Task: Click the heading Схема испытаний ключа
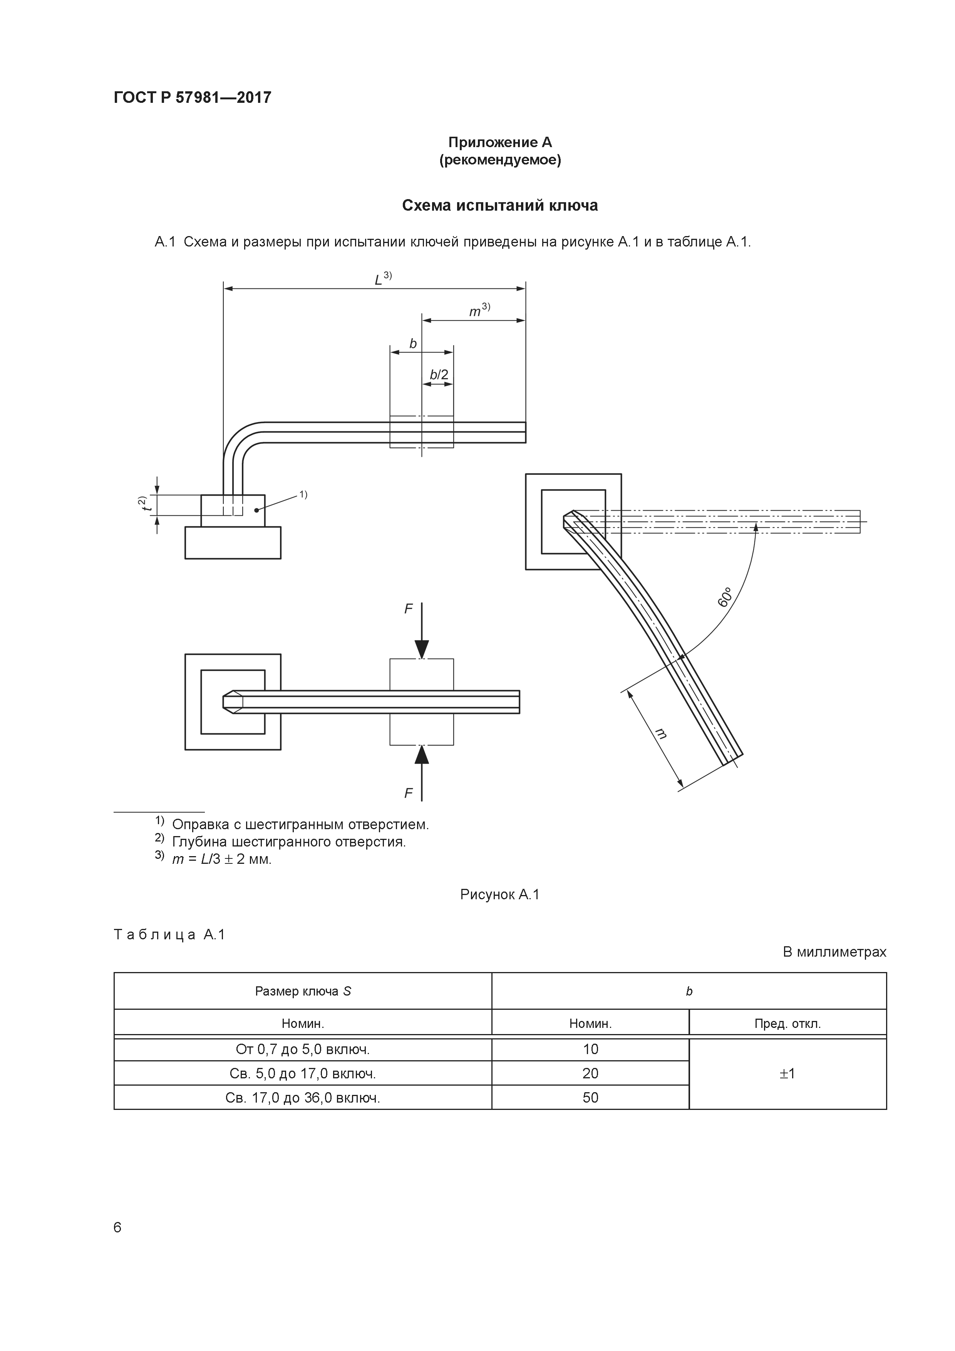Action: click(x=499, y=205)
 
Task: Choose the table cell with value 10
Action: click(x=590, y=1049)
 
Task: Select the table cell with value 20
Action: click(x=590, y=1073)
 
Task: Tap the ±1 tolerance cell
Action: click(x=787, y=1073)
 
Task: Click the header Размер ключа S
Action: click(x=303, y=991)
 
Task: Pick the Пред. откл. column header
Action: click(x=787, y=1024)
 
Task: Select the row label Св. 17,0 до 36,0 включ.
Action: click(x=303, y=1098)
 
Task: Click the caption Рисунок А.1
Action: click(x=499, y=895)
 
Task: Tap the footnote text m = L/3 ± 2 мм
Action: click(x=222, y=859)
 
